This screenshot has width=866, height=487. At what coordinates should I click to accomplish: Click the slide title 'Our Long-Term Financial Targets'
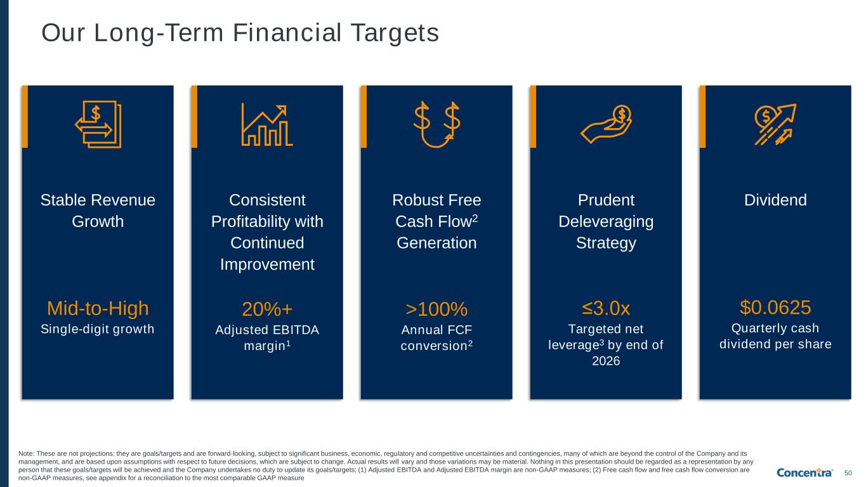tap(240, 32)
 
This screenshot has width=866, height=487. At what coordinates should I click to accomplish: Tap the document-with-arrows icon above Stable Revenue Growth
tap(98, 124)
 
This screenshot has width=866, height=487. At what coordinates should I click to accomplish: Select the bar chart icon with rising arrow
tap(266, 125)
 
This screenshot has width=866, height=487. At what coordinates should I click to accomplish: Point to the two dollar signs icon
tap(436, 124)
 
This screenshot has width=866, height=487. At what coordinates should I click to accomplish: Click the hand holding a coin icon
tap(606, 124)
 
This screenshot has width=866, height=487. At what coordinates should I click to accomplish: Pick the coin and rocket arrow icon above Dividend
tap(775, 124)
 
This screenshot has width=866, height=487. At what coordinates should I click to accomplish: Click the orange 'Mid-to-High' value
tap(98, 308)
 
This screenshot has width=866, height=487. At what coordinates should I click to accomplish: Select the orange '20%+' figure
tap(267, 309)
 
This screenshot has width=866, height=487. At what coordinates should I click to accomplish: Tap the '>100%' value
tap(436, 309)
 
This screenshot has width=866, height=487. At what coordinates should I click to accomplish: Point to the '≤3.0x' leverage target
tap(606, 308)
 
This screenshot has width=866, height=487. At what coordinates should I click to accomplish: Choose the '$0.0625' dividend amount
tap(775, 308)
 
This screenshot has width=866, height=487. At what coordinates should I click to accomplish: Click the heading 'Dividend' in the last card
tap(775, 200)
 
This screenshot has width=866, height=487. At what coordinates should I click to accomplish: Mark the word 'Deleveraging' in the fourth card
tap(606, 222)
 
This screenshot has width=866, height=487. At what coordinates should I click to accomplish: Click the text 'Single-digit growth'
tap(98, 329)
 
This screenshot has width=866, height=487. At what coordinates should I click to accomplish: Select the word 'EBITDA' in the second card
tap(294, 330)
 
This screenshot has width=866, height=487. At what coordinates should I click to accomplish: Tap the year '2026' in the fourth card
tap(606, 361)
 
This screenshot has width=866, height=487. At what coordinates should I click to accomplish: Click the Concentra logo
tap(804, 472)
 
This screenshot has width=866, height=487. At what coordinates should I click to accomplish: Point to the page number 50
tap(848, 473)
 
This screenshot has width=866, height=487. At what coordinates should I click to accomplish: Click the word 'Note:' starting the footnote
tap(27, 454)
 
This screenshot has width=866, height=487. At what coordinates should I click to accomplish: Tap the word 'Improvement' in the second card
tap(267, 265)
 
